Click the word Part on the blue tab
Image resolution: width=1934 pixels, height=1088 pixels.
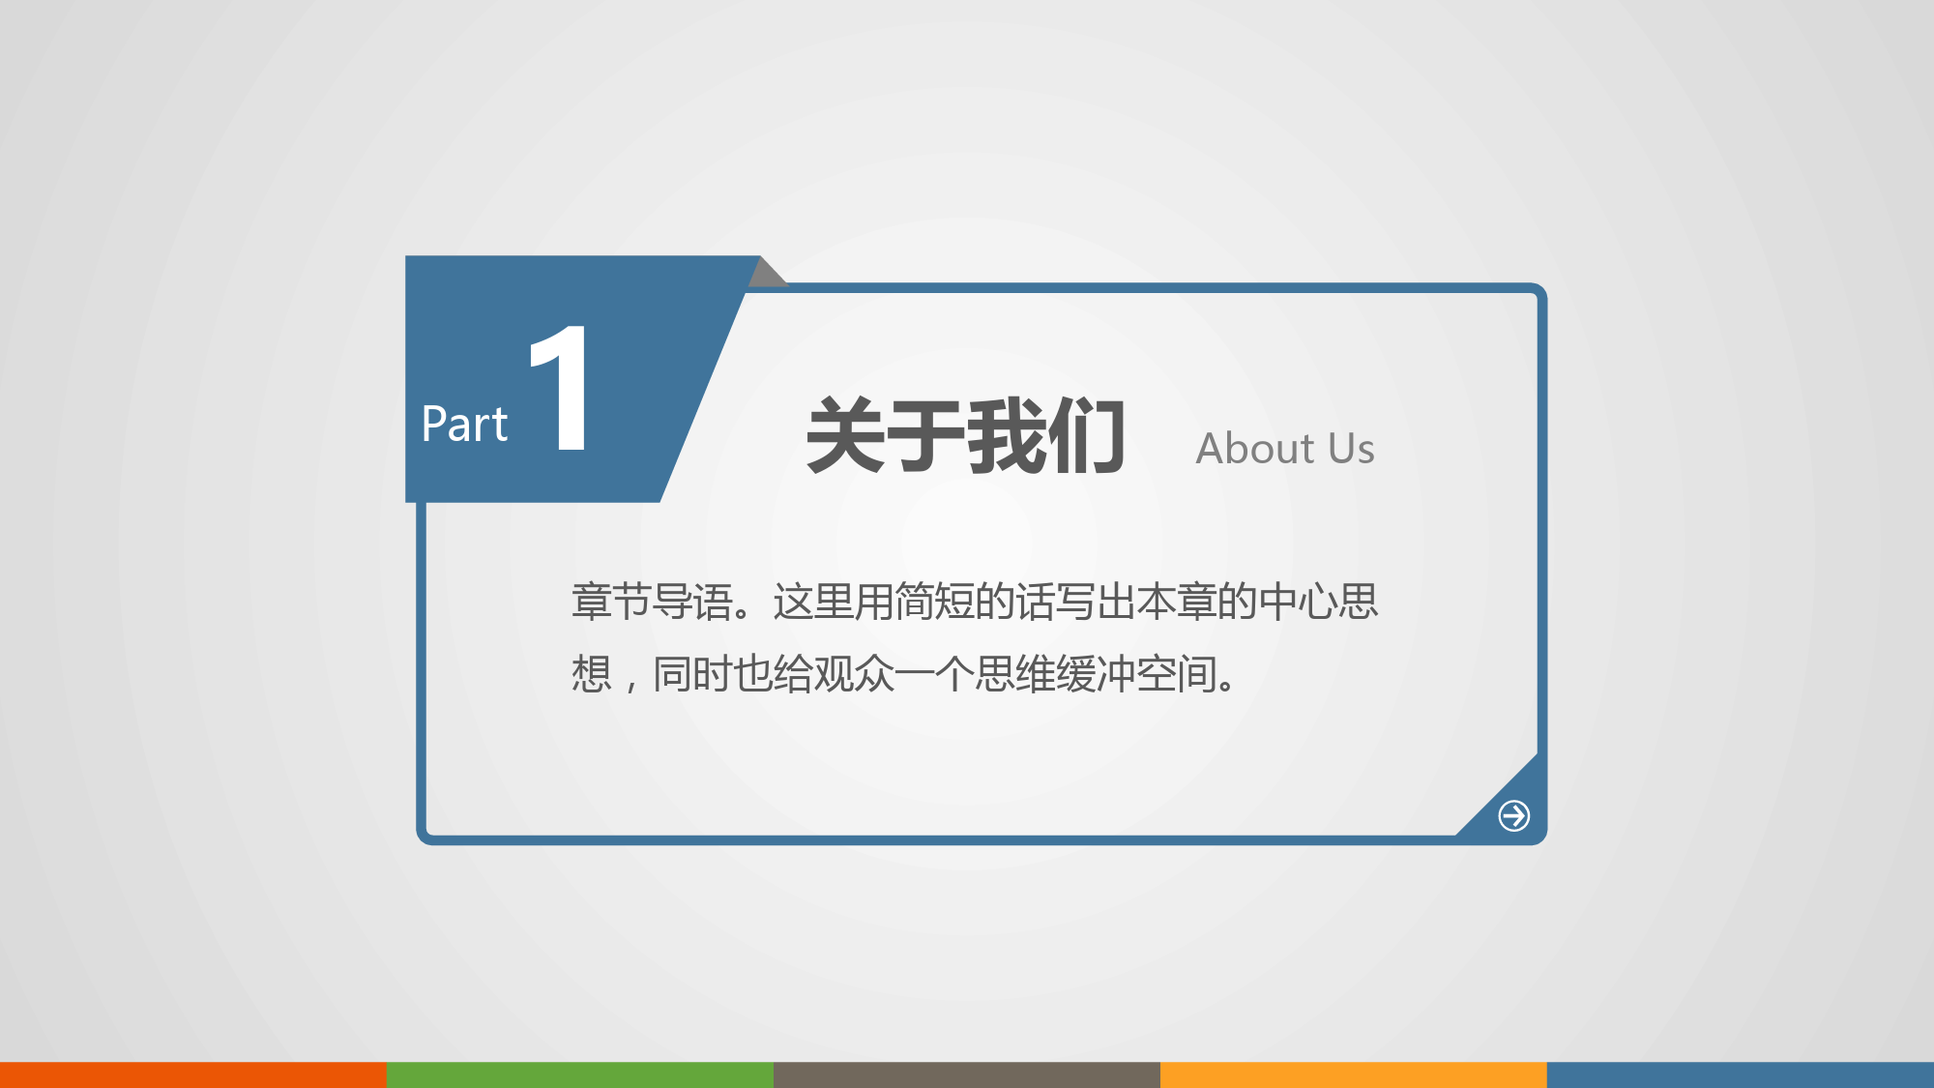click(464, 424)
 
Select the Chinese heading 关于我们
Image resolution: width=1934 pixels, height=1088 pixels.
click(966, 435)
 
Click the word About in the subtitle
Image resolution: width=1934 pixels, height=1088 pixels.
click(1255, 449)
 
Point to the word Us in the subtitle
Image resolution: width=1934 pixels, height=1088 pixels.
click(1352, 449)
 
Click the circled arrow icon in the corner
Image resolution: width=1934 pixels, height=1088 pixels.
click(1514, 815)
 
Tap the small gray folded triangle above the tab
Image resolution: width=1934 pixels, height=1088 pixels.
click(769, 273)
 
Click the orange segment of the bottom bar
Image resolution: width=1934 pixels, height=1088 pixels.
click(193, 1074)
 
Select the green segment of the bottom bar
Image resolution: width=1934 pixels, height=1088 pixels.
click(580, 1074)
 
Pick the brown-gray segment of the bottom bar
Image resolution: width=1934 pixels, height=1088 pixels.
click(967, 1074)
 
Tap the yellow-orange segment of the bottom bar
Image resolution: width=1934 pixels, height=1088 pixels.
click(1354, 1074)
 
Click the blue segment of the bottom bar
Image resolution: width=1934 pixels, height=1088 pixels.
click(1741, 1074)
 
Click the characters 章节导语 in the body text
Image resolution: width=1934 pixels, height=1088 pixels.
click(652, 602)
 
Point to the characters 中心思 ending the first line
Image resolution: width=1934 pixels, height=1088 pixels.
click(1318, 602)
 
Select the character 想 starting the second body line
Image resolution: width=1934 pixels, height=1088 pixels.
click(591, 673)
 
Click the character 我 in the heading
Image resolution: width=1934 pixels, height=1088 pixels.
click(1007, 435)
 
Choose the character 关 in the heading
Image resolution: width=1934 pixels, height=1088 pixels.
click(846, 435)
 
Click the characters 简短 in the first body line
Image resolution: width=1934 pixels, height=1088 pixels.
click(934, 602)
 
